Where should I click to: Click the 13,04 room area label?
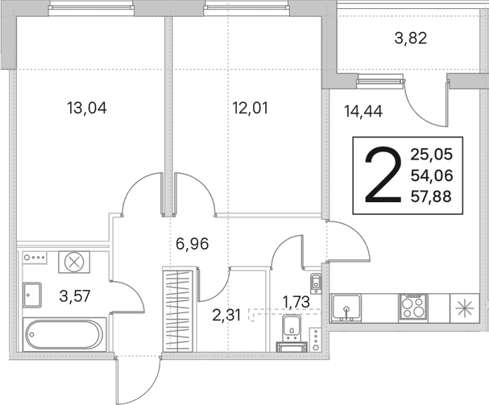click(87, 108)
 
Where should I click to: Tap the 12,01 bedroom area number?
click(251, 108)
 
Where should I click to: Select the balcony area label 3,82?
click(410, 39)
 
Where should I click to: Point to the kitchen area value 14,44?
click(363, 111)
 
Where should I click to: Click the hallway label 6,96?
click(192, 243)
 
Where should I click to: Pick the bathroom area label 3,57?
click(75, 295)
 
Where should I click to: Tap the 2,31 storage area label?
click(226, 316)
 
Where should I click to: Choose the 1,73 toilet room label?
click(296, 302)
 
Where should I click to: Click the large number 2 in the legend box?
click(383, 176)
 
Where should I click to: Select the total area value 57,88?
click(431, 197)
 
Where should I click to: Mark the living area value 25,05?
click(431, 155)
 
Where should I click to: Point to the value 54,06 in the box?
click(432, 176)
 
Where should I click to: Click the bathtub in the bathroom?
click(64, 334)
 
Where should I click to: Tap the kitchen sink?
click(346, 308)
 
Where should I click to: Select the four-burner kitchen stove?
click(413, 307)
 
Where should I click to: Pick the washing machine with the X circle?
click(74, 262)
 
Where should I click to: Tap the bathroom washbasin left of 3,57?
click(31, 295)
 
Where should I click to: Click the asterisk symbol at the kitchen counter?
click(464, 308)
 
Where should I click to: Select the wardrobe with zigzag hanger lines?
click(178, 311)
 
